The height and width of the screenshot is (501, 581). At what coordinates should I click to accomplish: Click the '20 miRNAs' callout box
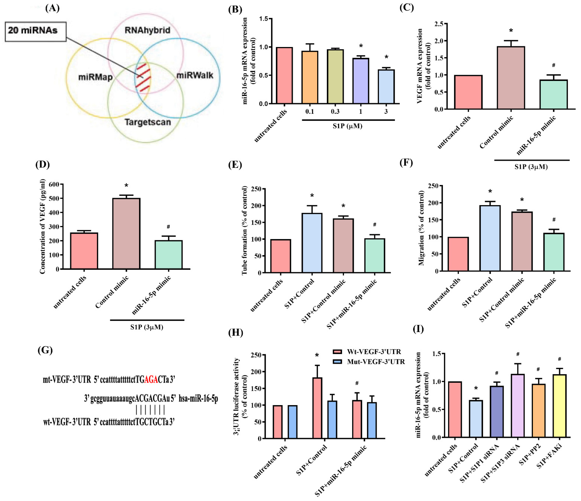click(x=36, y=31)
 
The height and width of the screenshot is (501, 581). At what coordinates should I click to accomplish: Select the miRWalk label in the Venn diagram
click(x=195, y=75)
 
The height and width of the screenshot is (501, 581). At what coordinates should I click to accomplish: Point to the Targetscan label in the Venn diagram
click(x=148, y=122)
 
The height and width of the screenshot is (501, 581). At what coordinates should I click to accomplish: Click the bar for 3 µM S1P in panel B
click(x=386, y=87)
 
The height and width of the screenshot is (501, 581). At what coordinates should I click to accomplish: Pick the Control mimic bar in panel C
click(x=511, y=78)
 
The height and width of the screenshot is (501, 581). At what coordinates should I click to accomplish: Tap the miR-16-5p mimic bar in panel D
click(x=169, y=255)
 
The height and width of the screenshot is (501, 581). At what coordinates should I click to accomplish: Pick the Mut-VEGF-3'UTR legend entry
click(x=369, y=362)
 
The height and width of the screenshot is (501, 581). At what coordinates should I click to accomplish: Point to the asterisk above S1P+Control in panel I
click(x=476, y=389)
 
